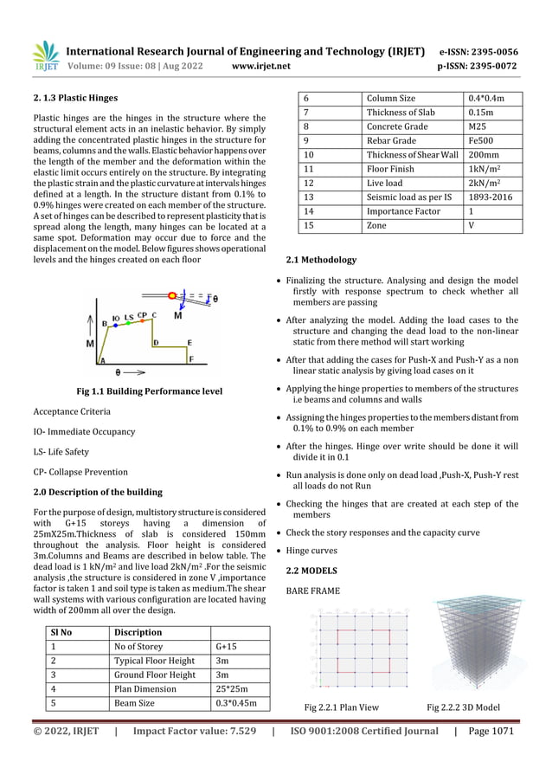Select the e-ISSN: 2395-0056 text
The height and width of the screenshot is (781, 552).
click(x=491, y=51)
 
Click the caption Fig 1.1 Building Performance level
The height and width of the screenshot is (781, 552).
click(x=149, y=391)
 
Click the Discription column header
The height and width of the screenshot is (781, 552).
click(x=138, y=631)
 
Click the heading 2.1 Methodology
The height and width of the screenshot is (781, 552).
click(x=321, y=260)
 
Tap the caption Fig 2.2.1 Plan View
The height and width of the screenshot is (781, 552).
click(x=337, y=707)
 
